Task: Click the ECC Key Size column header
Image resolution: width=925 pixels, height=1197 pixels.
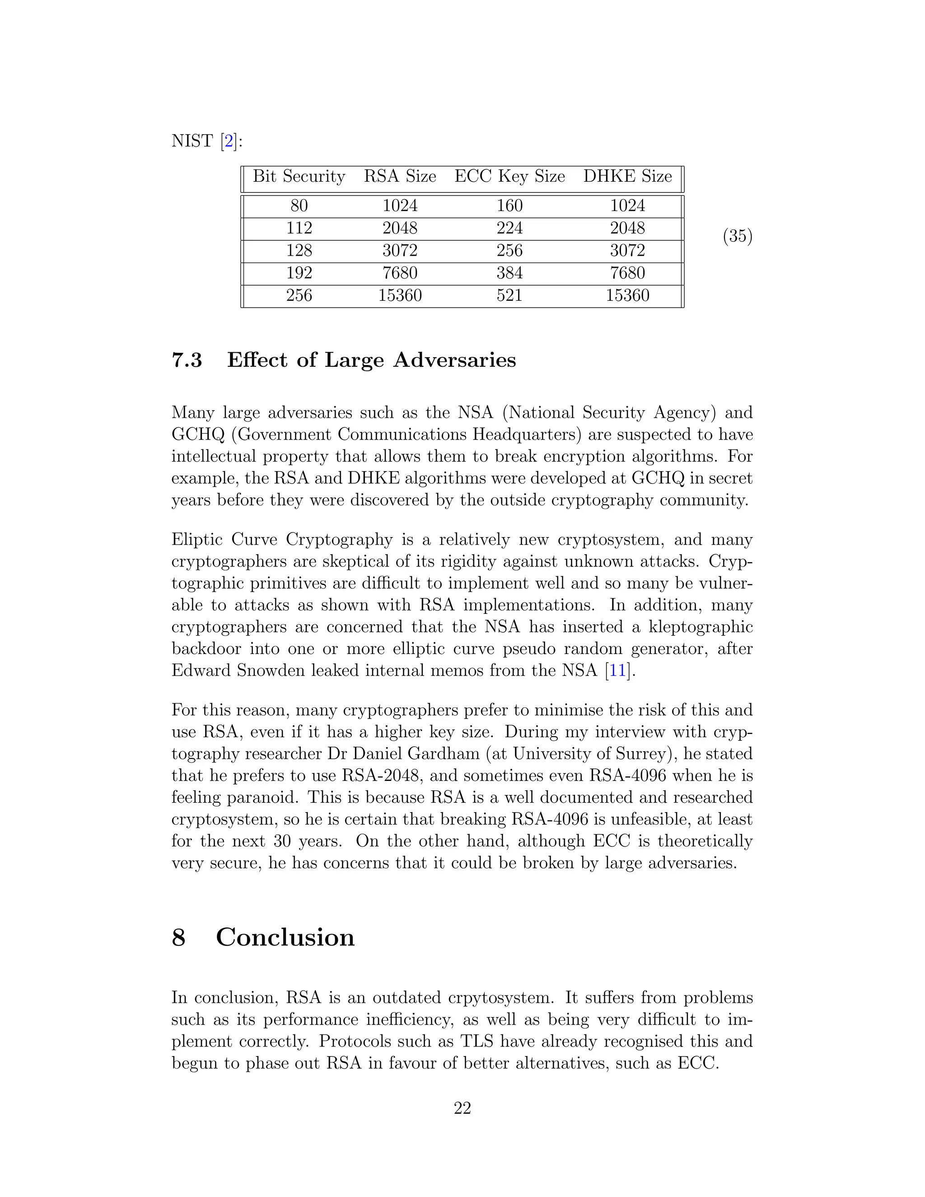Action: pyautogui.click(x=509, y=177)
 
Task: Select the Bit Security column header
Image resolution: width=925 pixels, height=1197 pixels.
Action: pyautogui.click(x=299, y=177)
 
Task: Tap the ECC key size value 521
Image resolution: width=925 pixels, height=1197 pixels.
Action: pyautogui.click(x=509, y=295)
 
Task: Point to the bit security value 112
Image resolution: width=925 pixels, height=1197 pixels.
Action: pyautogui.click(x=299, y=228)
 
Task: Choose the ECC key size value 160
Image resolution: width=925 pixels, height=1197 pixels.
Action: pyautogui.click(x=509, y=206)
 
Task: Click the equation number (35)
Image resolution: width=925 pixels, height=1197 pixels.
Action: pyautogui.click(x=737, y=236)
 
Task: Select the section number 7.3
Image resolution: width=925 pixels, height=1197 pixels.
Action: pyautogui.click(x=187, y=360)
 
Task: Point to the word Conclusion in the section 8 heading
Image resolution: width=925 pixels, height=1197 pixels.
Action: pyautogui.click(x=285, y=937)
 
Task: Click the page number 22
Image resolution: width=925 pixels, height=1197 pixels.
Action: pyautogui.click(x=462, y=1108)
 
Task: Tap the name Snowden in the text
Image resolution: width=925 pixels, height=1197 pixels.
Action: pyautogui.click(x=270, y=670)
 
